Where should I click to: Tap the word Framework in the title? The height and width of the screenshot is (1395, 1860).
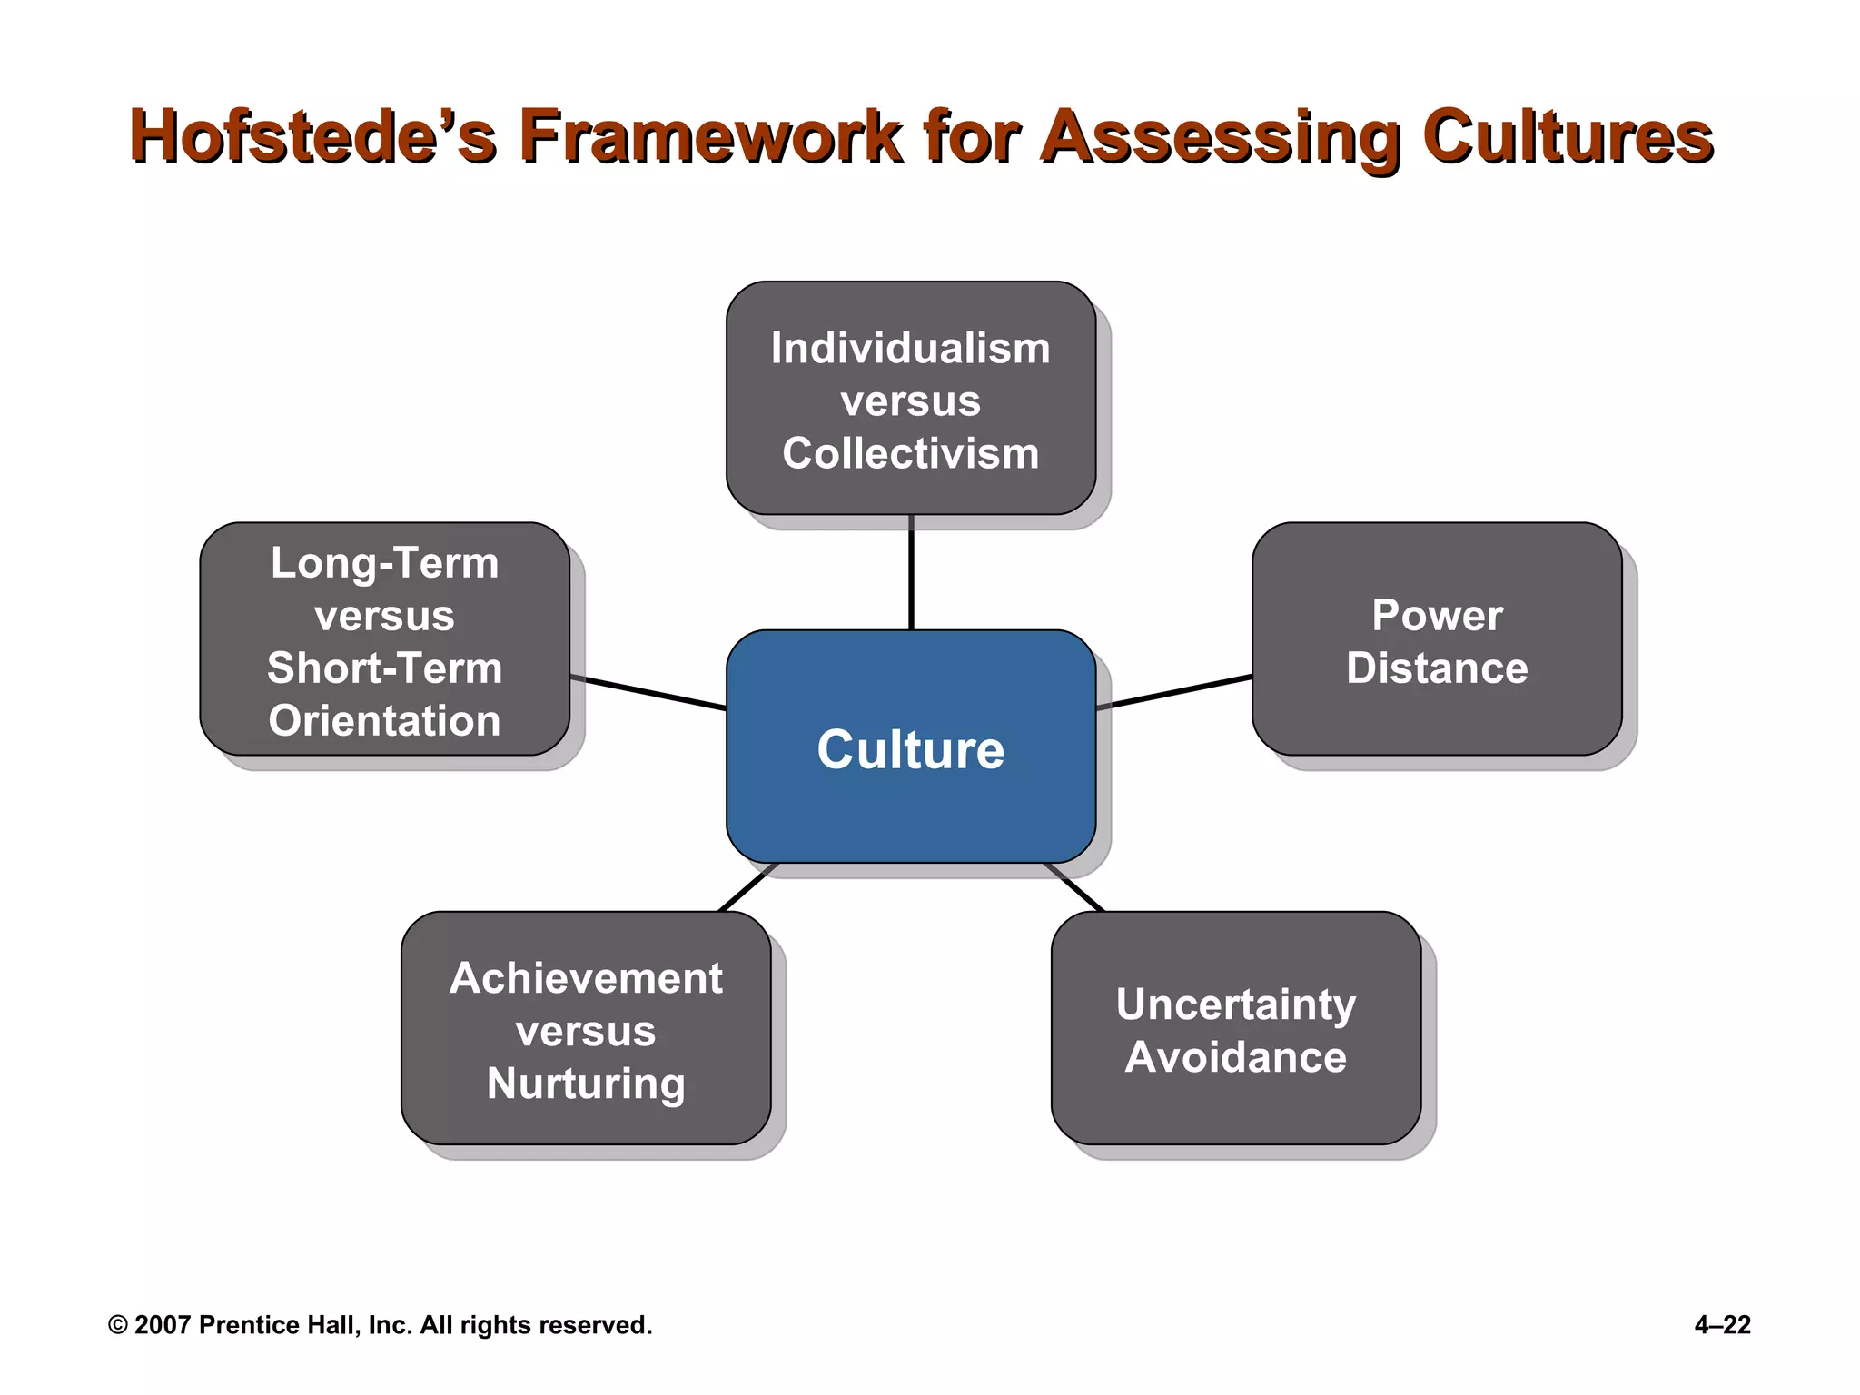tap(710, 136)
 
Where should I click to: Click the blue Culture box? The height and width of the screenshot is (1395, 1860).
tap(910, 747)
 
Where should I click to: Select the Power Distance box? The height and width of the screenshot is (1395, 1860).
tap(1436, 639)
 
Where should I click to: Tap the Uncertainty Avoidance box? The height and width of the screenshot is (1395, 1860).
tap(1235, 1028)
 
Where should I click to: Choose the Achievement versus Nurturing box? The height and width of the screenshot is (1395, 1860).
tap(586, 1028)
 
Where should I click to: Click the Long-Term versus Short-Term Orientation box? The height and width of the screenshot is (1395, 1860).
tap(384, 639)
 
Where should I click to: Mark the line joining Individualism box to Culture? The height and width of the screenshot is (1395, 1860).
tap(910, 572)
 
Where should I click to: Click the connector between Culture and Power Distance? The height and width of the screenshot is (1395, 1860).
tap(1173, 692)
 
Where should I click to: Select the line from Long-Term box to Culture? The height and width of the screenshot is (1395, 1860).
tap(648, 692)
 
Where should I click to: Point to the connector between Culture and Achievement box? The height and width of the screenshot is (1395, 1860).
tap(747, 887)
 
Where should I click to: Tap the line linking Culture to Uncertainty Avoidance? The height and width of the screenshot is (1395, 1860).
tap(1073, 887)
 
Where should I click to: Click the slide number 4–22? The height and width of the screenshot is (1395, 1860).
tap(1722, 1325)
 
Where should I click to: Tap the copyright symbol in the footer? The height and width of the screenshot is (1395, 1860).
tap(117, 1325)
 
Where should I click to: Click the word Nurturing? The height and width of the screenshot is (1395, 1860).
tap(586, 1083)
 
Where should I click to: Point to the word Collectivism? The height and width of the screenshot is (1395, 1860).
tap(910, 453)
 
